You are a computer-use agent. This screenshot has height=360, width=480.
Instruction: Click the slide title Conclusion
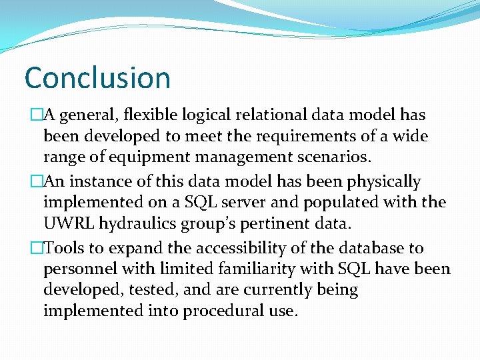click(x=97, y=78)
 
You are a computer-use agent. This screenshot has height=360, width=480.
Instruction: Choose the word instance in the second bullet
click(x=93, y=182)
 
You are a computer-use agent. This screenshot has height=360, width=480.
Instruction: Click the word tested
click(x=150, y=291)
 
